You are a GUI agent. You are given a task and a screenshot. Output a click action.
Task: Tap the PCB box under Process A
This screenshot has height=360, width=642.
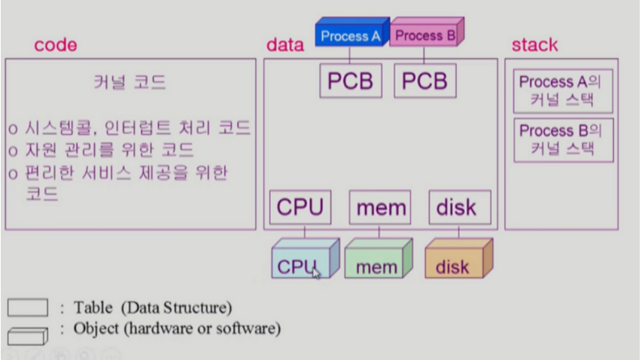click(351, 81)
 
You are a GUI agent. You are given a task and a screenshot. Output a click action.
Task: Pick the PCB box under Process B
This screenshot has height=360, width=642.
click(424, 81)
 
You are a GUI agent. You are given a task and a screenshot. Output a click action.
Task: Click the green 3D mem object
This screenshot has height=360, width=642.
click(376, 261)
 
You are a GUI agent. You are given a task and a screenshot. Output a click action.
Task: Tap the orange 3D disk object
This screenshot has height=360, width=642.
click(455, 261)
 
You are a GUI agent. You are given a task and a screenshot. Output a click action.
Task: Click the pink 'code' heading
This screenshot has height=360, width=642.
click(55, 45)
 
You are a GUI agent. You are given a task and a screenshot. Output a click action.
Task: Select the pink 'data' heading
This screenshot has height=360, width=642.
click(284, 45)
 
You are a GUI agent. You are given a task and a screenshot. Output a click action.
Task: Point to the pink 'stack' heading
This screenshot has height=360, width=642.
click(534, 45)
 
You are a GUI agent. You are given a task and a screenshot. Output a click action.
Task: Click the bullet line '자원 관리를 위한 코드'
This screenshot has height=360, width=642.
click(109, 151)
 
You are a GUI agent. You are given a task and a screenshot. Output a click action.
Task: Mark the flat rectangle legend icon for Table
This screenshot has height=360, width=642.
click(28, 308)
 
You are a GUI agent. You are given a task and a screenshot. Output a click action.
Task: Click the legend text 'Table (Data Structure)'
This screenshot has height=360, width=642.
click(153, 307)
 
